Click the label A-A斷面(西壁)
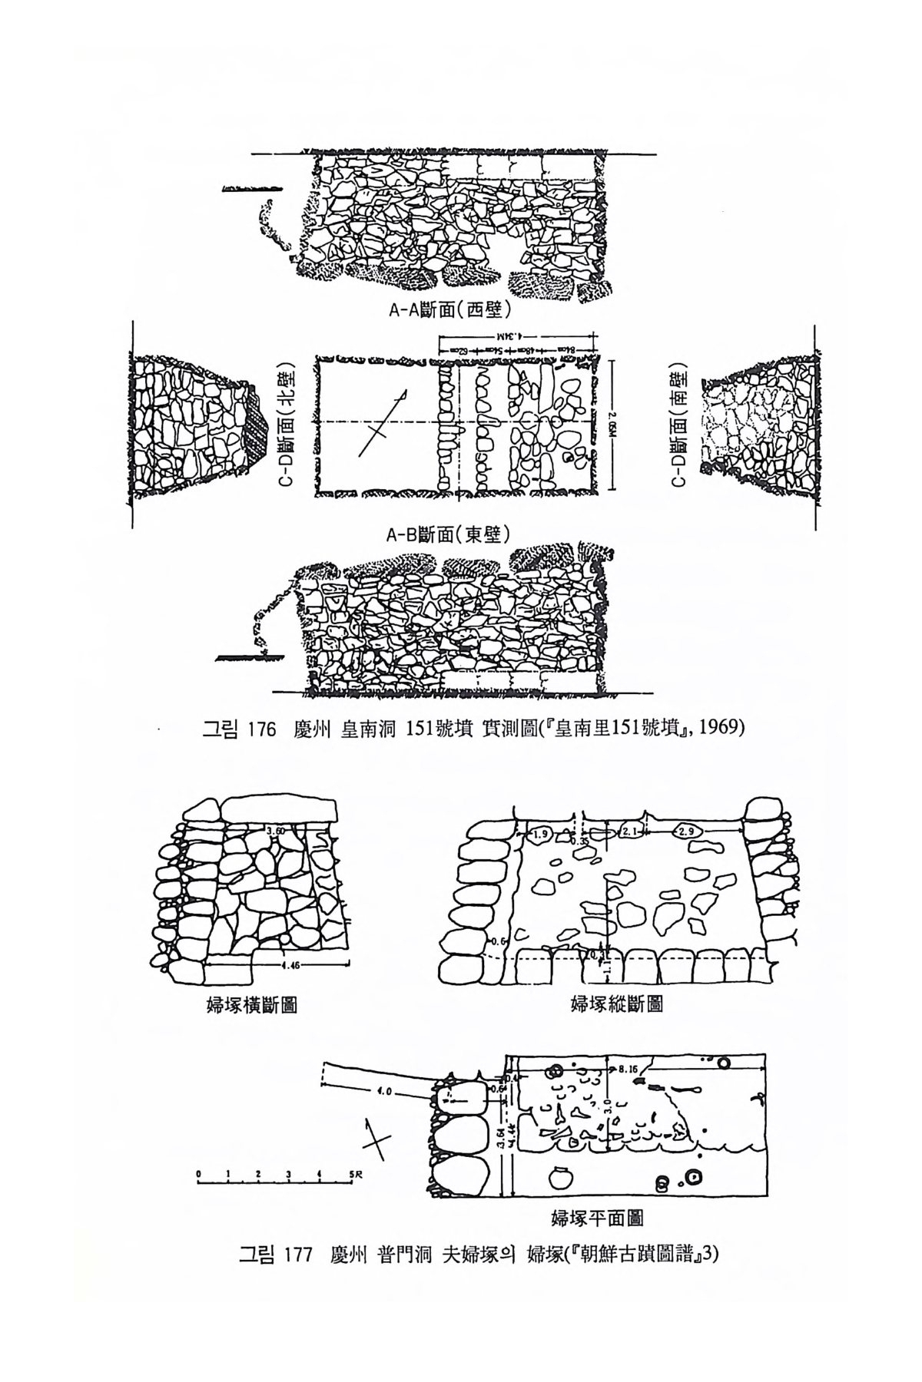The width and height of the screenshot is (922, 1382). (450, 313)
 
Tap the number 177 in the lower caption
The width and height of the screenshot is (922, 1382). (296, 1255)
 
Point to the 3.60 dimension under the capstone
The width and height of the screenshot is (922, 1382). (274, 830)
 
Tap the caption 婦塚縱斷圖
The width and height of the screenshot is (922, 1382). (617, 1003)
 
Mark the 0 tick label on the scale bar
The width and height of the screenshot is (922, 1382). (198, 1174)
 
